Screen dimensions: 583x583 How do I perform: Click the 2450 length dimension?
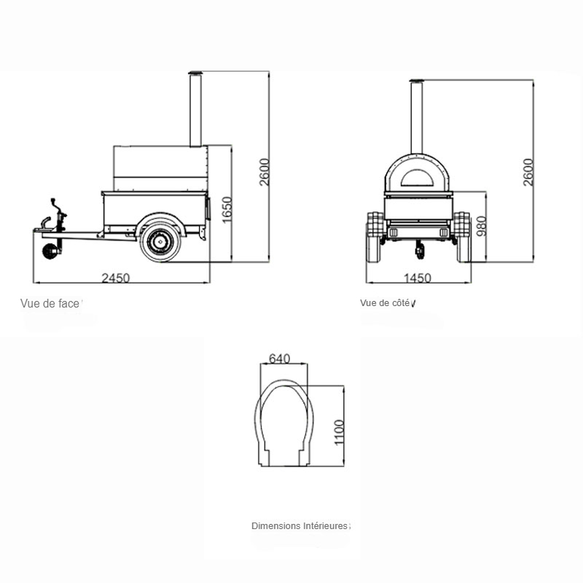coord(116,278)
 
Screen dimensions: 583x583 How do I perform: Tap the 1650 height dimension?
coord(227,210)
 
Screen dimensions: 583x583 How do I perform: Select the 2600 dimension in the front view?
coord(264,172)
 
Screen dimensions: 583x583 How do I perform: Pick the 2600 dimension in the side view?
coord(528,172)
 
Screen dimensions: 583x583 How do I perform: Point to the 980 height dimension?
coord(481,226)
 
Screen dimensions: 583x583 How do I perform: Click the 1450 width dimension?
coord(417,278)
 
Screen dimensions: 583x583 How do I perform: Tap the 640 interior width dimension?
coord(279,359)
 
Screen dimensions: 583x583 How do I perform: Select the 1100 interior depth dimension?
coord(339,432)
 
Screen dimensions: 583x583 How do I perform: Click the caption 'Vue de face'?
coord(50,304)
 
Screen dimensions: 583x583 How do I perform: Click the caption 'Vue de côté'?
coord(385,303)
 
